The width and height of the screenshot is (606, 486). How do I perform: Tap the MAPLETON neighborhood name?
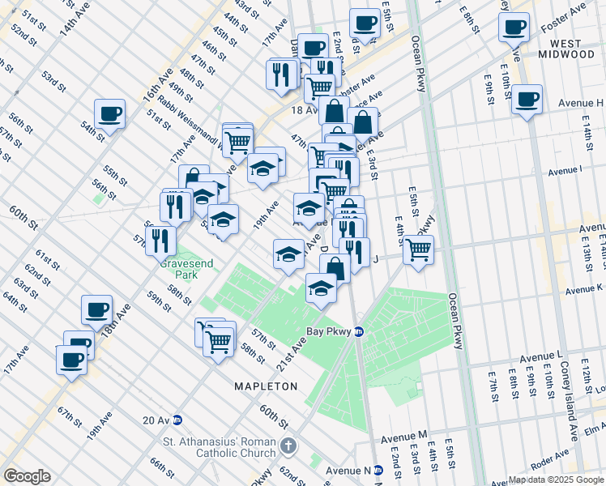(267, 386)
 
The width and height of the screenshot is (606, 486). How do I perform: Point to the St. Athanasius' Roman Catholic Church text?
(220, 447)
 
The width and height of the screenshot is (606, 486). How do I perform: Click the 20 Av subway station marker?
(177, 420)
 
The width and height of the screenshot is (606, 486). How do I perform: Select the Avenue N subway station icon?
(378, 470)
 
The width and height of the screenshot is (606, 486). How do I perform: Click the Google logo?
(27, 476)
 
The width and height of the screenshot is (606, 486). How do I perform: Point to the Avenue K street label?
(584, 288)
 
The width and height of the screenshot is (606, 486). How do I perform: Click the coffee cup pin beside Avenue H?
(527, 100)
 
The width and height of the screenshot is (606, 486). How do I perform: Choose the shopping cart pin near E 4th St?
(418, 249)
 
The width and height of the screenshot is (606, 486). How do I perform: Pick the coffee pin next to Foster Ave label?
(514, 28)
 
